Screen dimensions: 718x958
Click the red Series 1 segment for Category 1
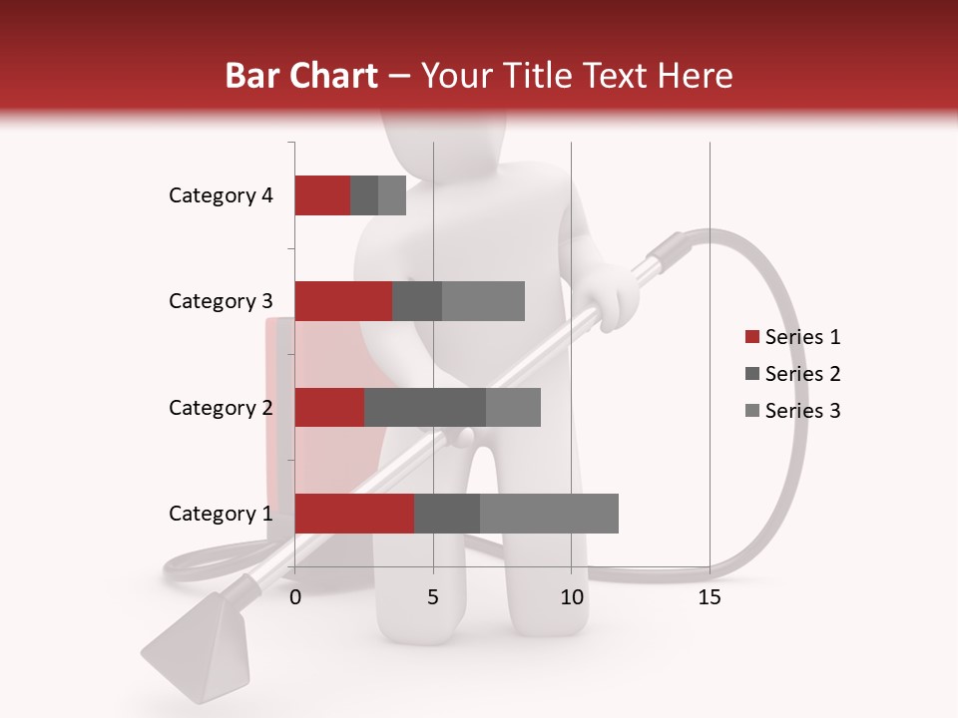point(354,513)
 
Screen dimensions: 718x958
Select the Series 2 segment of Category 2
point(424,407)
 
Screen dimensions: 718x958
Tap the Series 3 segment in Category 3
point(483,301)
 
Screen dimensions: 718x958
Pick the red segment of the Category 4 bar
point(322,195)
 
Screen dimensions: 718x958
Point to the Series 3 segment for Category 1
point(549,513)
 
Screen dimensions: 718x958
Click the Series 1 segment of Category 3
point(343,301)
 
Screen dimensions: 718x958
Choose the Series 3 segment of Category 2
point(513,407)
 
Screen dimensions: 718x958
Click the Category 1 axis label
point(221,514)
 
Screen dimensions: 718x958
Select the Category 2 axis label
point(221,408)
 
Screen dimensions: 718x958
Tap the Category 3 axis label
point(221,301)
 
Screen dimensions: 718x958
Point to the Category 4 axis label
point(221,195)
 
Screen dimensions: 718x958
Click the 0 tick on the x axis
point(295,597)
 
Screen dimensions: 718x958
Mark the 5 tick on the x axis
point(433,597)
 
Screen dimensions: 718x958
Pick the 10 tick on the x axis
point(571,597)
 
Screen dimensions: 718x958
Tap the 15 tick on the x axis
point(710,597)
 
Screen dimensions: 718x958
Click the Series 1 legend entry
point(792,337)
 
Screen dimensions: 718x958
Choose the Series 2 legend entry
point(792,374)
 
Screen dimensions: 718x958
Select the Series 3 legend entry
point(792,411)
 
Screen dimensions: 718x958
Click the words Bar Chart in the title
point(300,76)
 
